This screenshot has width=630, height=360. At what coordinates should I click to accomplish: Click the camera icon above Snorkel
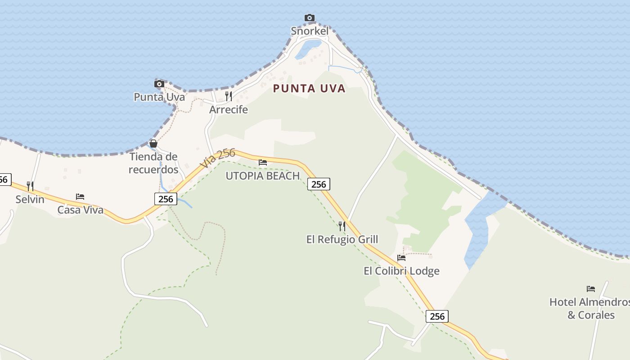click(x=310, y=18)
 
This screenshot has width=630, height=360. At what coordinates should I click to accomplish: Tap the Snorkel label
click(x=310, y=31)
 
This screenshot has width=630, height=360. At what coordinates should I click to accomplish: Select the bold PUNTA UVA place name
click(x=309, y=89)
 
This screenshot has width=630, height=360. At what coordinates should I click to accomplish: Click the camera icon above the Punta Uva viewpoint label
click(x=159, y=84)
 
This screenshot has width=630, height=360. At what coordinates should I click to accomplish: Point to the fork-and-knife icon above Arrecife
click(x=229, y=96)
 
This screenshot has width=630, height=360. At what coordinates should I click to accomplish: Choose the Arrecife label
click(x=229, y=110)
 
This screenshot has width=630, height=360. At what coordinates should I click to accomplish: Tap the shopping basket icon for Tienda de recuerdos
click(x=153, y=144)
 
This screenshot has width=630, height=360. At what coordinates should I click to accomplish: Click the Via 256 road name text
click(x=218, y=158)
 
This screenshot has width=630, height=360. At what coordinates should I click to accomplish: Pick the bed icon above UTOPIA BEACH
click(x=263, y=162)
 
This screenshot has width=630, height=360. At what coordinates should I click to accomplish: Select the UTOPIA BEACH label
click(x=262, y=176)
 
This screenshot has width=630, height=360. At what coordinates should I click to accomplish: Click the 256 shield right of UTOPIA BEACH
click(x=319, y=184)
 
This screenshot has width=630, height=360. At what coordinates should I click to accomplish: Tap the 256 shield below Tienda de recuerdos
click(x=166, y=199)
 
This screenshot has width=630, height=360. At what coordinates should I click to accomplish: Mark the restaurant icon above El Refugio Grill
click(x=342, y=226)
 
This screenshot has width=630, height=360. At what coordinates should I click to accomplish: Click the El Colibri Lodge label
click(x=401, y=271)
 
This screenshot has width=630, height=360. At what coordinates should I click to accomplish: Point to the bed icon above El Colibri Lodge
click(x=401, y=258)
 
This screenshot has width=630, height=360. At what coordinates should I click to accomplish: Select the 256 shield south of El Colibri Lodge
click(x=437, y=316)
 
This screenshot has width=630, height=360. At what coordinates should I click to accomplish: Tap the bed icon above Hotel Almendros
click(x=591, y=289)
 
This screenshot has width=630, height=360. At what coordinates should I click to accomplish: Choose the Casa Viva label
click(x=80, y=210)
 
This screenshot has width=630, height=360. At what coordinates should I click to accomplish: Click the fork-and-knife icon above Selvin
click(x=30, y=186)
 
